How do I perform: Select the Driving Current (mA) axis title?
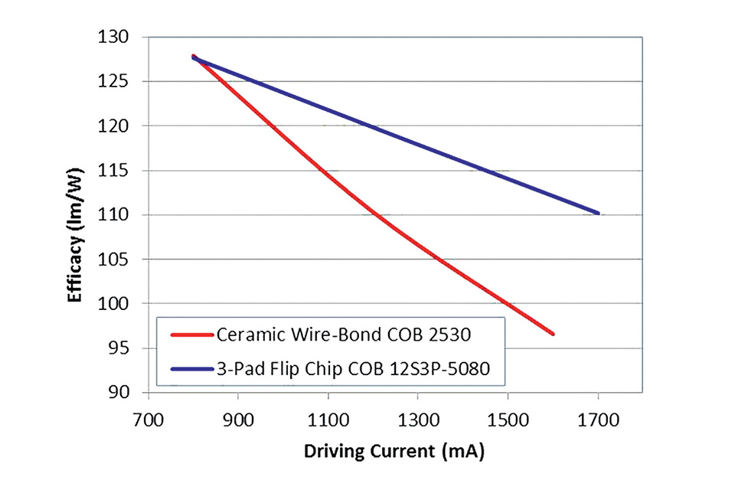[394, 452]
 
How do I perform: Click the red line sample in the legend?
[189, 335]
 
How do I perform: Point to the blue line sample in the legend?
[189, 369]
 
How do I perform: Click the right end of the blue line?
[598, 213]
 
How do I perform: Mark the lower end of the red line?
[552, 334]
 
